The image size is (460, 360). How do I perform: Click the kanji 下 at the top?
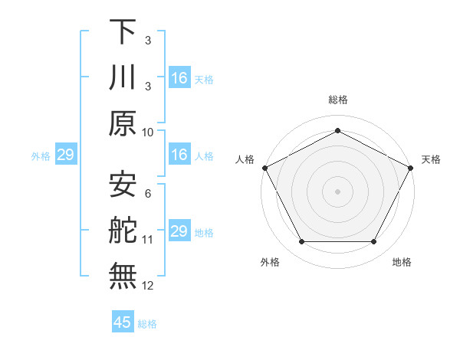(123, 32)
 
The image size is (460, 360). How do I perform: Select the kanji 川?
(123, 78)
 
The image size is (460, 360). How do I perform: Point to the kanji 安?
(123, 185)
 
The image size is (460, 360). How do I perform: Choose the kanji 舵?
(123, 231)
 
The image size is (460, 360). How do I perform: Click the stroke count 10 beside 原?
(148, 132)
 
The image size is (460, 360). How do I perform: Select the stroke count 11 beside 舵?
(148, 239)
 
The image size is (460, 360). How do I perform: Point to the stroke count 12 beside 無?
(148, 285)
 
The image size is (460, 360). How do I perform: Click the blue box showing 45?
(123, 322)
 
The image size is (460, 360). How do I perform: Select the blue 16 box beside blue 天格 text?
(179, 78)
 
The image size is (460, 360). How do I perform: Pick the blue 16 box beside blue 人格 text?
(179, 155)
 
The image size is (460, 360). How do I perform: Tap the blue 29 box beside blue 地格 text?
(179, 231)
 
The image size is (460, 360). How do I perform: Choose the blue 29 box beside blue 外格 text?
(65, 155)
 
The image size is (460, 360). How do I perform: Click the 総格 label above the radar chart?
(337, 100)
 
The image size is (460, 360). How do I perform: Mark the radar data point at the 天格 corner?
(412, 167)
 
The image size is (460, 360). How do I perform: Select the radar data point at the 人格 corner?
(264, 167)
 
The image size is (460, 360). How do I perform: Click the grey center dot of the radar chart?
(337, 191)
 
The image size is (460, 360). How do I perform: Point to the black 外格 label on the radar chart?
(270, 262)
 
